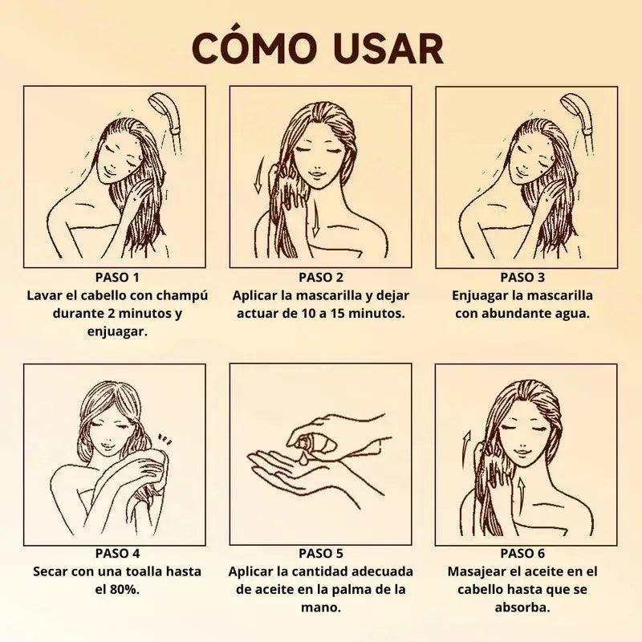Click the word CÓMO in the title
pos(252,47)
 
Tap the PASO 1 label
pos(117,278)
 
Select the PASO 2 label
pos(321,278)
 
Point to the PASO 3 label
pos(522,278)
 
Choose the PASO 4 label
pos(117,554)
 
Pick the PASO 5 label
pos(321,554)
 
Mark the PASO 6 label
pos(522,554)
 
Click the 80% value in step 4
pos(124,590)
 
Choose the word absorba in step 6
pos(522,607)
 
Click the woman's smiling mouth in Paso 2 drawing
pos(316,173)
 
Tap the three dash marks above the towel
pos(165,440)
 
